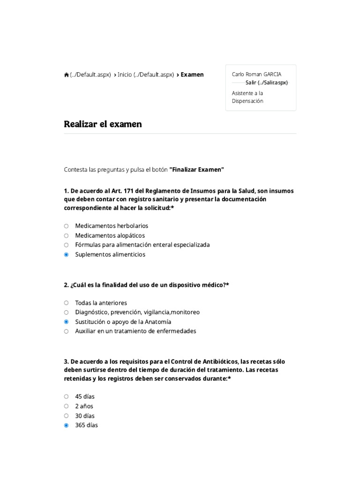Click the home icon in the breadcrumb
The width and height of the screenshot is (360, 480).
(x=67, y=75)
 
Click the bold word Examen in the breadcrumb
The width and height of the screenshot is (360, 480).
(x=192, y=75)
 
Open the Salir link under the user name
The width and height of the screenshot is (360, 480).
(x=266, y=82)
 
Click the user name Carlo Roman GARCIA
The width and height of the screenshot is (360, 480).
(x=256, y=74)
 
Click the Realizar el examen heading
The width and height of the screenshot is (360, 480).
(x=103, y=124)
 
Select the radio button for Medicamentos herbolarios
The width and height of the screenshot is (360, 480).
(x=66, y=226)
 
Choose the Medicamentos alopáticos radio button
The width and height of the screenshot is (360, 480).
(x=66, y=235)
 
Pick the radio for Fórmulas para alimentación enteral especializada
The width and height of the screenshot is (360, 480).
(x=66, y=245)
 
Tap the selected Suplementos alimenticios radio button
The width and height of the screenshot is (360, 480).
(x=66, y=255)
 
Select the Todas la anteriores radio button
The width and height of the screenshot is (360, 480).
(x=66, y=303)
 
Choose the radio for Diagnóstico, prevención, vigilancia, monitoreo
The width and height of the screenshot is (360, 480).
(x=66, y=312)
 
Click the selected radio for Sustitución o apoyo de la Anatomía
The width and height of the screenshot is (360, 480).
(x=66, y=322)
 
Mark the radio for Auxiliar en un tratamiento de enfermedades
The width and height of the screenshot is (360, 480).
(x=66, y=331)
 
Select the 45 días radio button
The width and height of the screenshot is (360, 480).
(x=66, y=397)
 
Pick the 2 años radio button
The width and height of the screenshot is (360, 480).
(x=66, y=406)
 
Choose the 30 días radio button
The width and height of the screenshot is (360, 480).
(x=66, y=416)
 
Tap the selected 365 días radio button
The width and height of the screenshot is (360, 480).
(x=66, y=426)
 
